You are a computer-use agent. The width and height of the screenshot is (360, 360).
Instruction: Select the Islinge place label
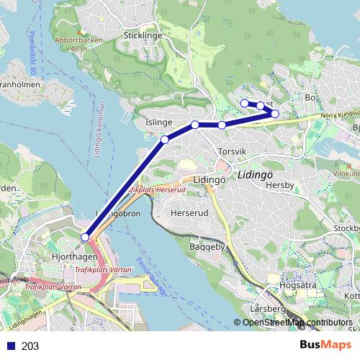point(158,123)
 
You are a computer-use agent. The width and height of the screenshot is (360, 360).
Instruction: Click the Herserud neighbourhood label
point(190,214)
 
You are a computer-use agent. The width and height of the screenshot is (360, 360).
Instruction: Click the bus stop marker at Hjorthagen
point(85,237)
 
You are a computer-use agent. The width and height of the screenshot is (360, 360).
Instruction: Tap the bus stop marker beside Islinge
point(165,139)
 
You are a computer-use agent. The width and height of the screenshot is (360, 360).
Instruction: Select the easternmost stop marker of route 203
point(274,114)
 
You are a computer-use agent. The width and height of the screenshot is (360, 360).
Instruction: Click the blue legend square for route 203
point(9,346)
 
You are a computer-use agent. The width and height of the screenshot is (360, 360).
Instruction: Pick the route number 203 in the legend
point(30,346)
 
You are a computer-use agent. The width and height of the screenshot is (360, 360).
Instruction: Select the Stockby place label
point(346,229)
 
